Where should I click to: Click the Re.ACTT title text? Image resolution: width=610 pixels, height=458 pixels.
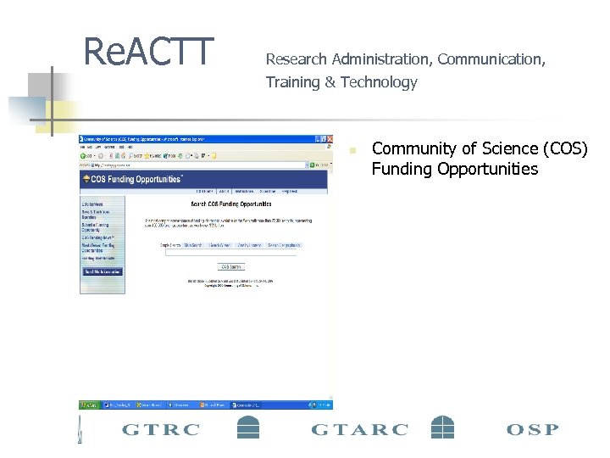(148, 52)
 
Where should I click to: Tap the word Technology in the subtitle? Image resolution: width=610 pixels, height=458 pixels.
(379, 82)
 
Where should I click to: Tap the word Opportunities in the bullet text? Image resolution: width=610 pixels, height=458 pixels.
(487, 169)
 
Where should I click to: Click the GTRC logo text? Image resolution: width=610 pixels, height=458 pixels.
(161, 429)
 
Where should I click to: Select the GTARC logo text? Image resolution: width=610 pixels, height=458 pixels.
(359, 429)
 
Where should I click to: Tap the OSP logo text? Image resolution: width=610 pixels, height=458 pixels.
(532, 429)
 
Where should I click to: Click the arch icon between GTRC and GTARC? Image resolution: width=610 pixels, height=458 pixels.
(247, 427)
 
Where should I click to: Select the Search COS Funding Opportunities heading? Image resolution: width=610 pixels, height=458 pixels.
(230, 204)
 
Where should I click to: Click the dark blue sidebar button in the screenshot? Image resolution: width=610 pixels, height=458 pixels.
(103, 271)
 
